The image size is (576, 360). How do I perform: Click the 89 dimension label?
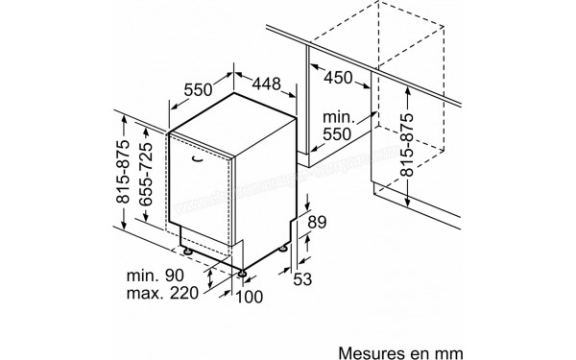click(318, 223)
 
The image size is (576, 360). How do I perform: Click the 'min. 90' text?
click(155, 276)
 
